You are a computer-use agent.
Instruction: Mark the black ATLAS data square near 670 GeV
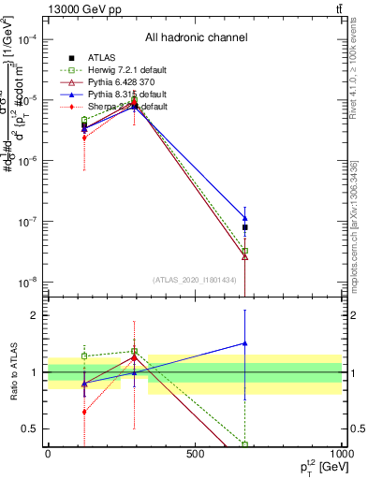tap(244, 227)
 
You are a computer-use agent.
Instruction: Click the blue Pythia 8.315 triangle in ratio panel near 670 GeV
tap(244, 343)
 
